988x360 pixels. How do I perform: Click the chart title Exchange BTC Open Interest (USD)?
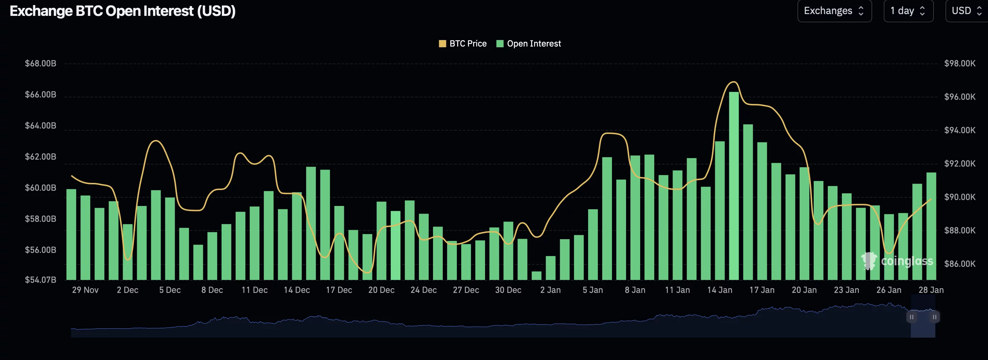[122, 11]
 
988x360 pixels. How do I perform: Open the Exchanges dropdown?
[834, 11]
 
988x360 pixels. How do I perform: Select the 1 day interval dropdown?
[908, 11]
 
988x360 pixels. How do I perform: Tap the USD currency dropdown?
[966, 11]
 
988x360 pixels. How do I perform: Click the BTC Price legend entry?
[463, 44]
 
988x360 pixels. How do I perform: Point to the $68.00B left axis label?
[40, 63]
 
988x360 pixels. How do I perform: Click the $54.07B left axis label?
[40, 280]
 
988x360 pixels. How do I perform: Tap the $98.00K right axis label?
[959, 63]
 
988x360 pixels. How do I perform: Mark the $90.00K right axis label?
[959, 197]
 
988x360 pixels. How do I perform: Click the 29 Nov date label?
[85, 290]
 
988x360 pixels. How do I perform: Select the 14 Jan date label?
[720, 290]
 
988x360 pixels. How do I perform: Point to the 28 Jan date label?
[931, 290]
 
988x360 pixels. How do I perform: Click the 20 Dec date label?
[381, 290]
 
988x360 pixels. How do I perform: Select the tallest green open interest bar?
[734, 184]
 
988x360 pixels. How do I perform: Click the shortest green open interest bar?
[536, 276]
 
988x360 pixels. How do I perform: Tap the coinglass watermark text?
[907, 262]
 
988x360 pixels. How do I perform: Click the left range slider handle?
[912, 317]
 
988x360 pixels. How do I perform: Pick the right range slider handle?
[935, 317]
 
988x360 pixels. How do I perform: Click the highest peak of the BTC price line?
[733, 82]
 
